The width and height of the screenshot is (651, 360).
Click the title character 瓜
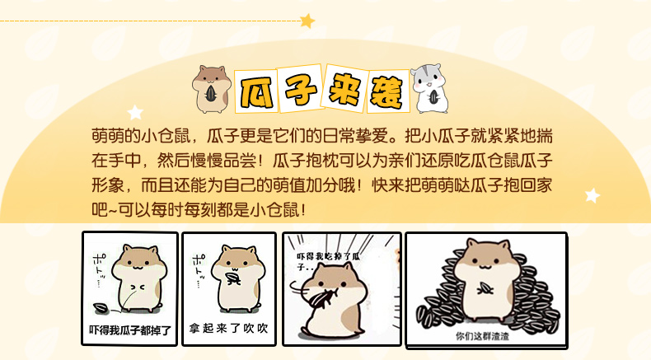click(x=255, y=91)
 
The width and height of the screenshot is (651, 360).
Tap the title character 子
click(x=300, y=88)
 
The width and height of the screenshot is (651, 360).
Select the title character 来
click(x=344, y=88)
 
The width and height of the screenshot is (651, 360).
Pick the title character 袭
click(x=387, y=92)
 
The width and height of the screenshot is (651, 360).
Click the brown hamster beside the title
click(x=212, y=89)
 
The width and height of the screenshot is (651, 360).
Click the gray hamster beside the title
click(x=430, y=88)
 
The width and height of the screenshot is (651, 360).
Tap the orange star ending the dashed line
click(x=307, y=21)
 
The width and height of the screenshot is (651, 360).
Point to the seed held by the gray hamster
click(x=434, y=97)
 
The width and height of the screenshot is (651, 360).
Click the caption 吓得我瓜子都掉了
click(x=130, y=330)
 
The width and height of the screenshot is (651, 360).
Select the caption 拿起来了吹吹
click(x=229, y=329)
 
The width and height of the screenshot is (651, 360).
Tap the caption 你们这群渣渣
click(x=482, y=336)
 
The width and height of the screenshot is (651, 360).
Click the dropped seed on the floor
click(x=101, y=308)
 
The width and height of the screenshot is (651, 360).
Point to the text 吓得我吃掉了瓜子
click(x=329, y=261)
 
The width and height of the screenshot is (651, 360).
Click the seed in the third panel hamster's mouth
click(x=323, y=299)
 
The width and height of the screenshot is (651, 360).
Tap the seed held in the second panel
click(x=232, y=278)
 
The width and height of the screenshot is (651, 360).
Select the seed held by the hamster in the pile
click(x=485, y=288)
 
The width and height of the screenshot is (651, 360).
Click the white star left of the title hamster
click(x=135, y=113)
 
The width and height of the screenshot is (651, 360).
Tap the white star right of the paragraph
click(x=592, y=195)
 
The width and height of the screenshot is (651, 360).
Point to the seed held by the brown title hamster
click(x=211, y=94)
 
